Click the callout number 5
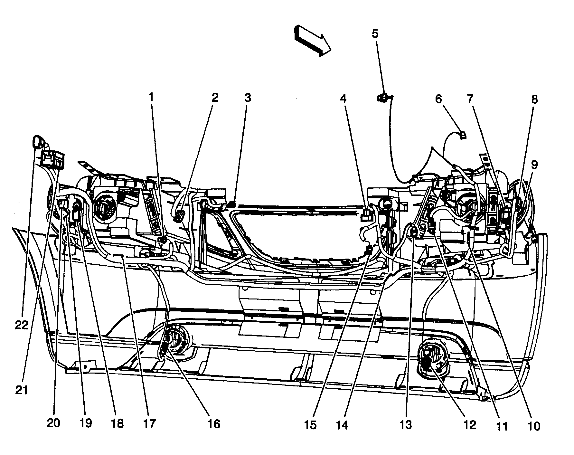pos(375,33)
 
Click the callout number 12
pos(470,425)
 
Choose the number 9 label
pos(534,165)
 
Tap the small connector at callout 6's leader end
pos(463,135)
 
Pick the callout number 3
pos(247,98)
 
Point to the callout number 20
pos(53,423)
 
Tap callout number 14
pos(342,425)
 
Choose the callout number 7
pos(470,99)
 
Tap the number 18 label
pos(117,424)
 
